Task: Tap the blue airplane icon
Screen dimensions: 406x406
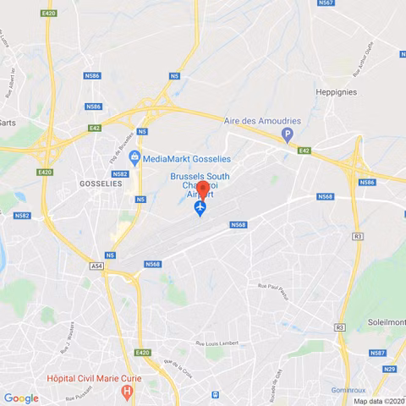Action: (200, 208)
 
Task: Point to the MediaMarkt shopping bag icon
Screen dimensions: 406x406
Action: (134, 156)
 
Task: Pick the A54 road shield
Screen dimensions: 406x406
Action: (99, 266)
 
